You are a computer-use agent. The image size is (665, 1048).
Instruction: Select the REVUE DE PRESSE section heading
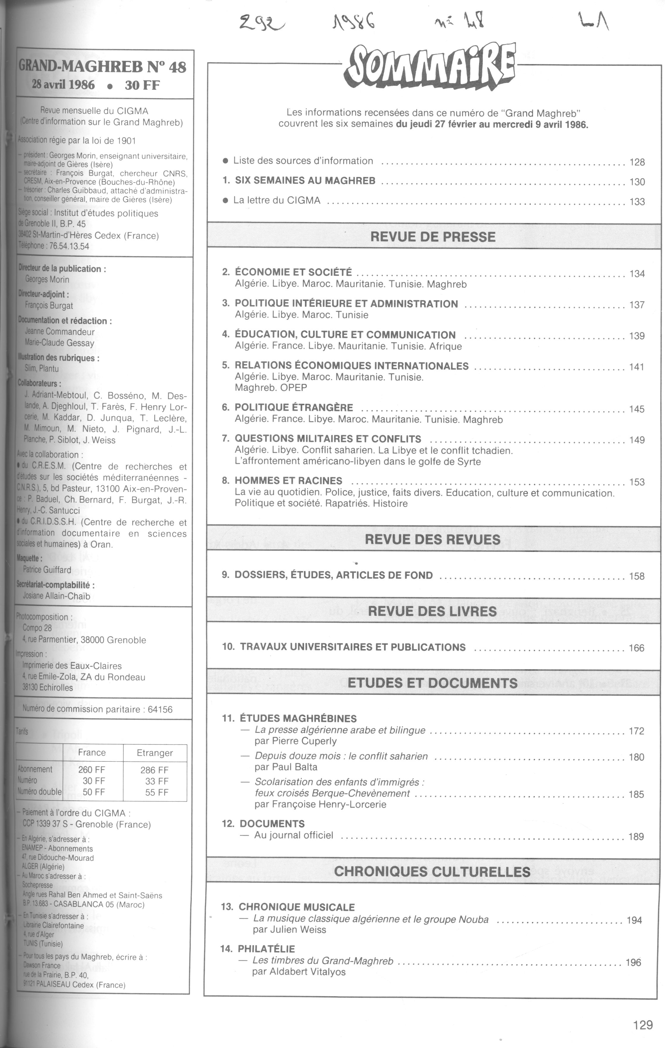click(x=433, y=237)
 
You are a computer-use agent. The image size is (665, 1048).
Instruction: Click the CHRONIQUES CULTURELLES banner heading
click(x=432, y=871)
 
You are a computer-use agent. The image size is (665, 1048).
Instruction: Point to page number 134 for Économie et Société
click(x=637, y=274)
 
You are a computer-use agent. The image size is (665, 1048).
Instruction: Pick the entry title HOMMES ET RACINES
click(x=288, y=481)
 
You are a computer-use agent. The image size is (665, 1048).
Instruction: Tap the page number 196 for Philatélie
click(x=633, y=963)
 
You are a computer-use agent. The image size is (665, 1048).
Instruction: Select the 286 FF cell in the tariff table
click(x=154, y=770)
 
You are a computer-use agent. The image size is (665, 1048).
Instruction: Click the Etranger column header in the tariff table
click(x=155, y=753)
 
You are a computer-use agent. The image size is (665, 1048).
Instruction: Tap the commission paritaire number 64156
click(x=160, y=709)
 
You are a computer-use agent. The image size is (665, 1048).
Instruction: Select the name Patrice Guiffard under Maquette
click(x=47, y=570)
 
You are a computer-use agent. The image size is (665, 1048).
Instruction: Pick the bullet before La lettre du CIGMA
click(x=225, y=201)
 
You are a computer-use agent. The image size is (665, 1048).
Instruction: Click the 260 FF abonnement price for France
click(x=92, y=770)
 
